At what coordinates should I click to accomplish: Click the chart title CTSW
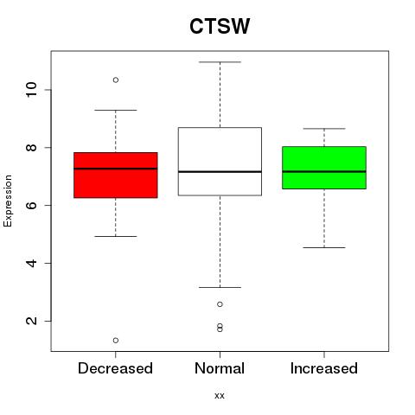click(220, 26)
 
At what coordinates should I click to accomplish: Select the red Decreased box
click(116, 175)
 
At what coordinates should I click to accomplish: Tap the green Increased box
click(324, 168)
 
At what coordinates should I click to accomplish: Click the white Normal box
click(220, 162)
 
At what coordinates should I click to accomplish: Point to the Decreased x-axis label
click(115, 368)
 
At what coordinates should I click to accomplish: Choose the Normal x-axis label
click(220, 368)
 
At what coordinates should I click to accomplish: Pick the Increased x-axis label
click(324, 368)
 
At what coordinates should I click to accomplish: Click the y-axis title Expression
click(8, 201)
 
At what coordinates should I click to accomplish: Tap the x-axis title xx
click(220, 396)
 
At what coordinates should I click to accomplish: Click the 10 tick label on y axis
click(32, 90)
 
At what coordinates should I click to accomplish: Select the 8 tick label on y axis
click(32, 147)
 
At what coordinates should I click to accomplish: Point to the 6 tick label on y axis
click(32, 205)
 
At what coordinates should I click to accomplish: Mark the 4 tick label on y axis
click(32, 263)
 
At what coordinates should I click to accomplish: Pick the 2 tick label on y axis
click(32, 321)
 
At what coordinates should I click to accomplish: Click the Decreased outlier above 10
click(116, 80)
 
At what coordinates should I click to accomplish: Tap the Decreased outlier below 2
click(116, 341)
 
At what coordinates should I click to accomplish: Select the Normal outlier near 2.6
click(220, 304)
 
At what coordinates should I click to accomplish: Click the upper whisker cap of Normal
click(220, 62)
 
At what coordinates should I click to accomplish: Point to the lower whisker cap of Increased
click(324, 247)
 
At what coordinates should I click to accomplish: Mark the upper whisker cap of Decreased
click(116, 110)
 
